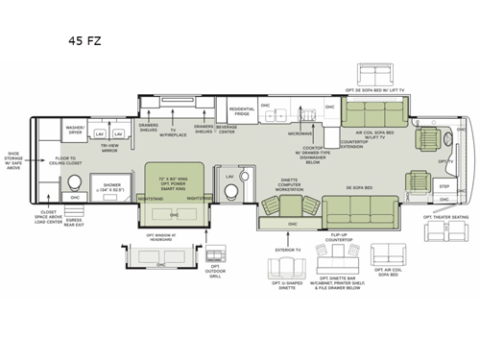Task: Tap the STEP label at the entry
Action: point(444,186)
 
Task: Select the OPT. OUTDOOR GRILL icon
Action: point(217,258)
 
